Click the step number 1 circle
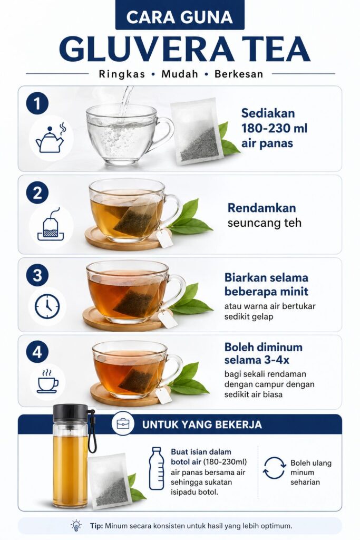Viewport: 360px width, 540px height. (x=37, y=103)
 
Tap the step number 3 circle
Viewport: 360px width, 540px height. (x=37, y=275)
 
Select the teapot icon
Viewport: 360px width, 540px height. (x=51, y=139)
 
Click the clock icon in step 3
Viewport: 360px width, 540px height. (x=47, y=306)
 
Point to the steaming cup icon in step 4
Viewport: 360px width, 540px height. (x=47, y=382)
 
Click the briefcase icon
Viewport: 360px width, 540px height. (x=123, y=423)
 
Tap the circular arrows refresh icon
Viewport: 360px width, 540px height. (x=274, y=468)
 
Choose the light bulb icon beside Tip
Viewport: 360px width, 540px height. (x=76, y=526)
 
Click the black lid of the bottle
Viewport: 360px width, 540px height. (x=70, y=412)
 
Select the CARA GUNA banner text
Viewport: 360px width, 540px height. (x=180, y=17)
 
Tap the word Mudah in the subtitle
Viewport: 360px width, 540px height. (x=180, y=74)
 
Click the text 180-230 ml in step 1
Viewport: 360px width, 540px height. (x=274, y=129)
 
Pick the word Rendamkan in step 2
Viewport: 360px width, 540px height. (x=261, y=208)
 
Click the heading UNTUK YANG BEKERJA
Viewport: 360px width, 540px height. (x=202, y=425)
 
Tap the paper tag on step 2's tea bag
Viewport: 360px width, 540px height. (x=164, y=238)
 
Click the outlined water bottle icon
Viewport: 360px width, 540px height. (x=157, y=468)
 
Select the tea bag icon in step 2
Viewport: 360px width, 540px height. (x=51, y=224)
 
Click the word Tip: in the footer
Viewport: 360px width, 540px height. (x=96, y=526)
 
